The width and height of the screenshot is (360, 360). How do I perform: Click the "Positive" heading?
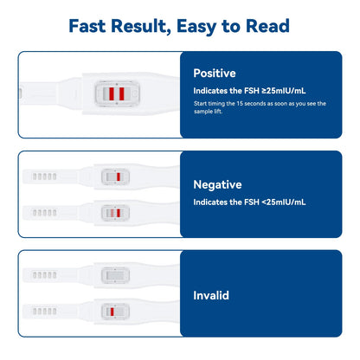pyautogui.click(x=215, y=74)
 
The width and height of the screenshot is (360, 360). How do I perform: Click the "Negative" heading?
pyautogui.click(x=217, y=184)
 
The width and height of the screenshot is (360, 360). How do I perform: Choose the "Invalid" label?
pyautogui.click(x=211, y=295)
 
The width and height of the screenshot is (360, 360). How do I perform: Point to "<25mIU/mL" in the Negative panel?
pyautogui.click(x=276, y=202)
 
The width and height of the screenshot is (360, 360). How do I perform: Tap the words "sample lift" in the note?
pyautogui.click(x=212, y=112)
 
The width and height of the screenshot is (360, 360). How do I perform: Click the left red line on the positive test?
pyautogui.click(x=111, y=93)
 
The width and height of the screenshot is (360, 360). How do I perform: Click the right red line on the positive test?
pyautogui.click(x=123, y=93)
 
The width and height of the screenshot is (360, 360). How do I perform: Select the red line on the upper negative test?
pyautogui.click(x=117, y=177)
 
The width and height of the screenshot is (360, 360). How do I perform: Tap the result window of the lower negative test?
pyautogui.click(x=115, y=212)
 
